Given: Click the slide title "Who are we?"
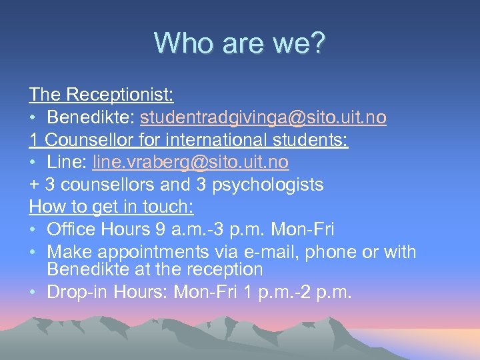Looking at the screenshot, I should tap(240, 43).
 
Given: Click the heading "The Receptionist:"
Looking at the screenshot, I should tap(101, 95).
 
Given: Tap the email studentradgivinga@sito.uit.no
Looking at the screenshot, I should tap(263, 117).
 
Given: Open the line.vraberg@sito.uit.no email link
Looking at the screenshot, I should tap(191, 162).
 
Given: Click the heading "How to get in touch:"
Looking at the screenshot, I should tap(111, 207).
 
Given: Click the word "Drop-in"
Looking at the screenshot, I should tap(74, 292).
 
